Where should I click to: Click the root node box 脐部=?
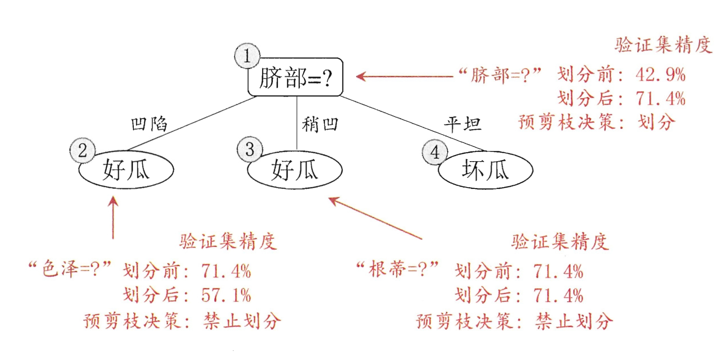[296, 77]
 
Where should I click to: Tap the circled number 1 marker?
[247, 56]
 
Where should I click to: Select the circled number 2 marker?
[83, 150]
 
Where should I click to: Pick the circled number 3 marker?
[250, 149]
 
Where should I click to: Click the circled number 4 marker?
[435, 152]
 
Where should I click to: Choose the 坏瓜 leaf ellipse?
[485, 170]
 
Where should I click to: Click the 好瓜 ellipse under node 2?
[126, 170]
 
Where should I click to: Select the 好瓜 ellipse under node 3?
[295, 170]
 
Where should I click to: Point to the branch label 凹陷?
[149, 124]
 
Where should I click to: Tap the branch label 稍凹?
[320, 124]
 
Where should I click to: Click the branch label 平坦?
[462, 124]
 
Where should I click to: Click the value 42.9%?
[660, 75]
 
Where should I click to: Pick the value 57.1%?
[226, 295]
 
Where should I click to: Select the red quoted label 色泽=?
[70, 269]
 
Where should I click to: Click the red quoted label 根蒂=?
[398, 269]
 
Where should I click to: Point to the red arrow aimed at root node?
[404, 77]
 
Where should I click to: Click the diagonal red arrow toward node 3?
[375, 218]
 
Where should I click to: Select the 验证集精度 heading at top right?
[663, 45]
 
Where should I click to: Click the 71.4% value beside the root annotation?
[660, 99]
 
